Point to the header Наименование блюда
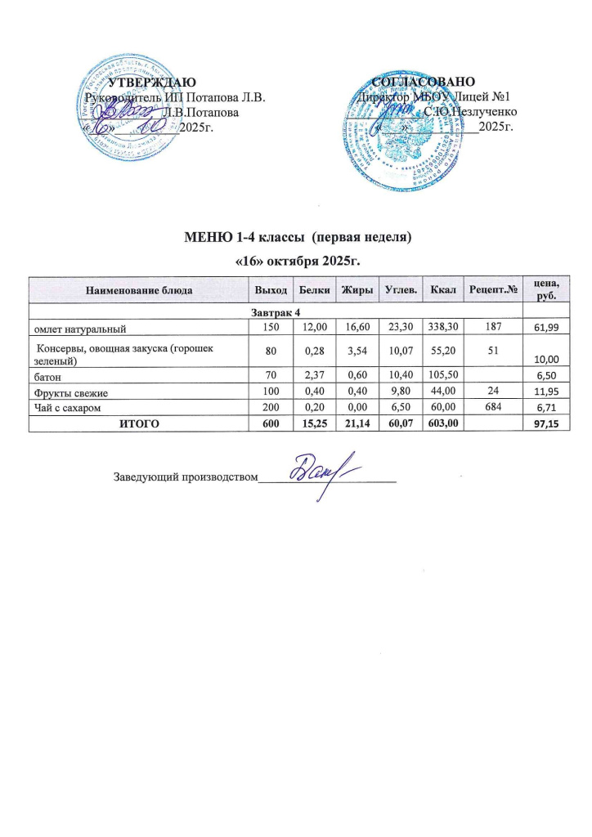pos(139,290)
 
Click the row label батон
pos(47,377)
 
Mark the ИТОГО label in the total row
pos(138,424)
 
